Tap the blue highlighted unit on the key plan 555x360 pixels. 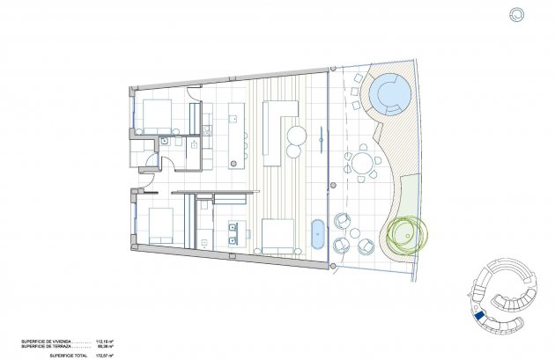[x=479, y=317]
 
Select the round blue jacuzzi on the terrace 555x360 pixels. [x=388, y=91]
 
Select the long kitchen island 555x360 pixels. [x=234, y=134]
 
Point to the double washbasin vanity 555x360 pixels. [x=235, y=231]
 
